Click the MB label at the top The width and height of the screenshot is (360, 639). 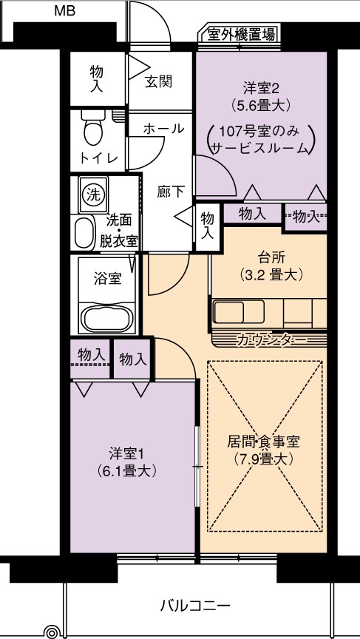point(65,11)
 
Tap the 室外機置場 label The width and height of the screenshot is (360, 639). point(241,34)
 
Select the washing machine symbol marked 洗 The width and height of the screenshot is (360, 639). point(93,195)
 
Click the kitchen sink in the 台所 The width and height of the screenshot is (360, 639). point(239,311)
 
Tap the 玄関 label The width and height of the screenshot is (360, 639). point(158,81)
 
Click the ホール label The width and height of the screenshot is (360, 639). point(163,129)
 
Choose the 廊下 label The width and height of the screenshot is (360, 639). point(171,192)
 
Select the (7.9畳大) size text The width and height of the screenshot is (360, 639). point(264,460)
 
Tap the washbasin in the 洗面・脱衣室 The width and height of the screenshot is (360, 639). point(84,233)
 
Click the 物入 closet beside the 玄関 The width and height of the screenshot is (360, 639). point(97,78)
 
